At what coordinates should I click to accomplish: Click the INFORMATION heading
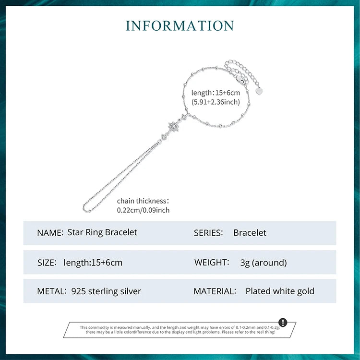(x=180, y=26)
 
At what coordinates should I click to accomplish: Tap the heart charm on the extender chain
(x=259, y=91)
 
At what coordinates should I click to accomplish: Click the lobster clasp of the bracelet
(x=240, y=80)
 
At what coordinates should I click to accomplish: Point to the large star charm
(x=173, y=126)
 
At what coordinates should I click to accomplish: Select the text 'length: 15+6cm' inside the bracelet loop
(x=216, y=93)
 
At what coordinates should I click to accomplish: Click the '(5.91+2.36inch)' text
(x=216, y=102)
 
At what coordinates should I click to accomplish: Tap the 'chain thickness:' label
(x=143, y=201)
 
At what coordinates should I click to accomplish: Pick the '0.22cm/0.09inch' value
(x=143, y=210)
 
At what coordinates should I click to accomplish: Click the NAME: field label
(x=50, y=233)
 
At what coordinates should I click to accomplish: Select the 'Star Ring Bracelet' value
(x=102, y=233)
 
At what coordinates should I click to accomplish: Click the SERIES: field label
(x=208, y=233)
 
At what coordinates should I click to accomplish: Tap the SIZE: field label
(x=47, y=263)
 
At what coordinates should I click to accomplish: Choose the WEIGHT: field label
(x=212, y=262)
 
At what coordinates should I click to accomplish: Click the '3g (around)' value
(x=264, y=263)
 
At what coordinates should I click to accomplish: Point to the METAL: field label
(x=52, y=291)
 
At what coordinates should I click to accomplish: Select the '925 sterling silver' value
(x=106, y=291)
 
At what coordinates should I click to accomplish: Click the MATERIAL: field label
(x=215, y=291)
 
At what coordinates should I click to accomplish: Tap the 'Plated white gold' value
(x=280, y=291)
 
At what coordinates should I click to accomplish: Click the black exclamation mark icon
(x=283, y=322)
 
